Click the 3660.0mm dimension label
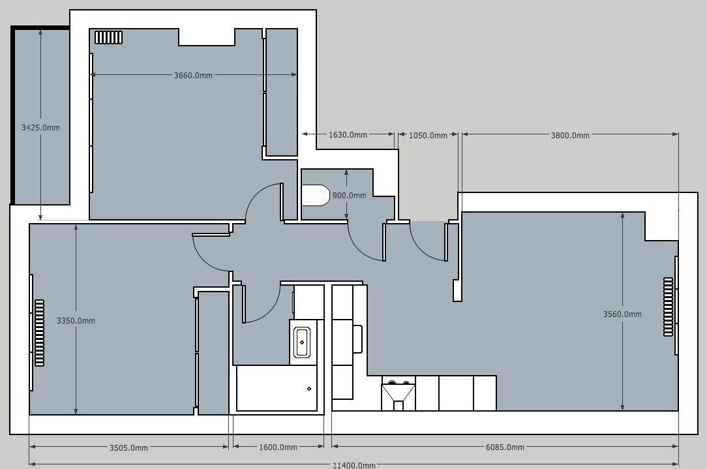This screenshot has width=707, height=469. point(193,75)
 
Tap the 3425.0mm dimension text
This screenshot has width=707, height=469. point(40,128)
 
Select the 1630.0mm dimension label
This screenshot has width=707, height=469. point(348,135)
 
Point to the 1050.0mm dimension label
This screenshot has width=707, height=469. point(428,135)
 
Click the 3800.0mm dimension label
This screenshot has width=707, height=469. point(570,135)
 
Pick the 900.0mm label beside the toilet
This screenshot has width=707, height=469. point(350,196)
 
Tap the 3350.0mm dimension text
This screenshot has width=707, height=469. point(76,321)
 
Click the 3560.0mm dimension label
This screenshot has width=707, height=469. point(622,314)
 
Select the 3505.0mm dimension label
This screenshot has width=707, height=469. point(128,448)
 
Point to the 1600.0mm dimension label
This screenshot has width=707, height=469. point(278,447)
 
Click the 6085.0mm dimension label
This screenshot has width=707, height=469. point(505,447)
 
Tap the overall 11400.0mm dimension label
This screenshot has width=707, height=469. point(354,465)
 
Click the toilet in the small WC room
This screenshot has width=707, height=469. point(316,195)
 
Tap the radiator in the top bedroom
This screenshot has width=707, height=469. point(109,37)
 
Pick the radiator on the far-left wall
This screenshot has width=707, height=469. point(40,333)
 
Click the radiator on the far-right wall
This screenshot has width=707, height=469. point(669,307)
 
